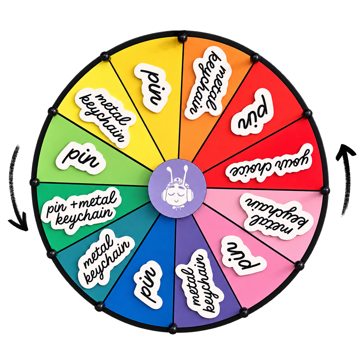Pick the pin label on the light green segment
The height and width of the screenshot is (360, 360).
point(81,158)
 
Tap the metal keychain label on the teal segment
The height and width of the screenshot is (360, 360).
point(106,260)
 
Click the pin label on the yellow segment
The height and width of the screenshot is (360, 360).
point(152,88)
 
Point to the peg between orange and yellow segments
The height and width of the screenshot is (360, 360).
point(182,38)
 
